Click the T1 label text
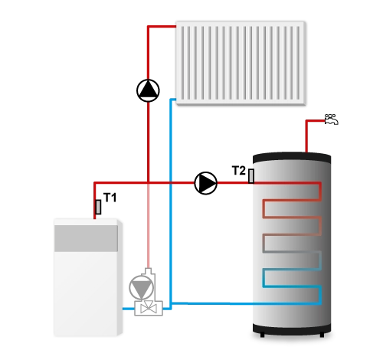[110, 198]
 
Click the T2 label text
[239, 171]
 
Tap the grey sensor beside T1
[98, 207]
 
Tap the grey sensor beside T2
[251, 176]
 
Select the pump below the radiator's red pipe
[148, 90]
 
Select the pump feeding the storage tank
[206, 183]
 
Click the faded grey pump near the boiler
[141, 287]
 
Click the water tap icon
[331, 119]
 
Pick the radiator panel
[241, 63]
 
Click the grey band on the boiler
[86, 238]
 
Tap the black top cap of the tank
[292, 158]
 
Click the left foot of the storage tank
[262, 335]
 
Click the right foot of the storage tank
[322, 335]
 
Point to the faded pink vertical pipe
[148, 225]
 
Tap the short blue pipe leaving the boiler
[129, 309]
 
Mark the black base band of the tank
[292, 329]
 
